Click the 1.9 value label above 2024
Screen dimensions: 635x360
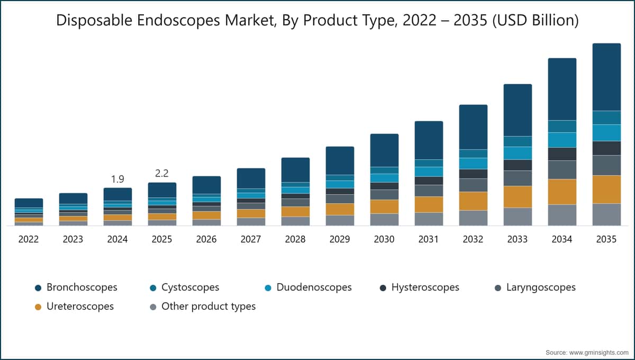pyautogui.click(x=117, y=179)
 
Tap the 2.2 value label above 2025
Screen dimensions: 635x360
pyautogui.click(x=162, y=173)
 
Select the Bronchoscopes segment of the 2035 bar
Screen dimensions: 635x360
pyautogui.click(x=606, y=77)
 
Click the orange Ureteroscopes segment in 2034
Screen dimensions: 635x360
pyautogui.click(x=562, y=192)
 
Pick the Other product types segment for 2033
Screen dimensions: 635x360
pyautogui.click(x=518, y=217)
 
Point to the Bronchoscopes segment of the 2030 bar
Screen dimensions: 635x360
pyautogui.click(x=384, y=150)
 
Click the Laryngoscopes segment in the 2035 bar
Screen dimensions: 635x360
pyautogui.click(x=606, y=165)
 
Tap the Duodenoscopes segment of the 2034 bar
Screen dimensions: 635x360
pyautogui.click(x=562, y=140)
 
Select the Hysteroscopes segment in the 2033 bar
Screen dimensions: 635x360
pyautogui.click(x=518, y=165)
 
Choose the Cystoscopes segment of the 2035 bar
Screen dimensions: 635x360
pyautogui.click(x=606, y=118)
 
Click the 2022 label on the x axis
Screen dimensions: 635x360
pyautogui.click(x=29, y=239)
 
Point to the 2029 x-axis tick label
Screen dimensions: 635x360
pyautogui.click(x=340, y=239)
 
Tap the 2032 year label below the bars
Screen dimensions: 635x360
pyautogui.click(x=473, y=239)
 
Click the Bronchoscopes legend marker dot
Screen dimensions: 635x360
pyautogui.click(x=38, y=288)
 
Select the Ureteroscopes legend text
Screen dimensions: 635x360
pyautogui.click(x=80, y=307)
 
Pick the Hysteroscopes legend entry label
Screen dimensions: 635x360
pyautogui.click(x=425, y=287)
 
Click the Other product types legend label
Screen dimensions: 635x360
pyautogui.click(x=208, y=307)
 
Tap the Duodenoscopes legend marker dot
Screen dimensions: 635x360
pyautogui.click(x=268, y=288)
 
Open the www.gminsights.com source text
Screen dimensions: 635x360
pyautogui.click(x=598, y=353)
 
